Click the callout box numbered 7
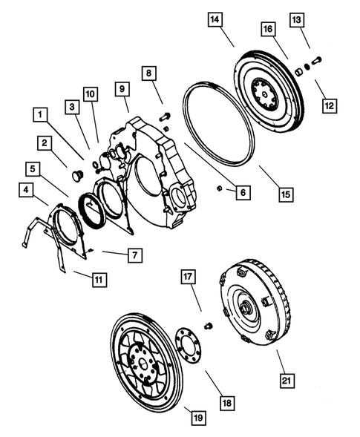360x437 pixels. [134, 255]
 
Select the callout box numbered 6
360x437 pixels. [240, 192]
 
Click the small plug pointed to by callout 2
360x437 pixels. [75, 176]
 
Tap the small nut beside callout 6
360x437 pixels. [220, 188]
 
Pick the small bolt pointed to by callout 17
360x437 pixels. [208, 326]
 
